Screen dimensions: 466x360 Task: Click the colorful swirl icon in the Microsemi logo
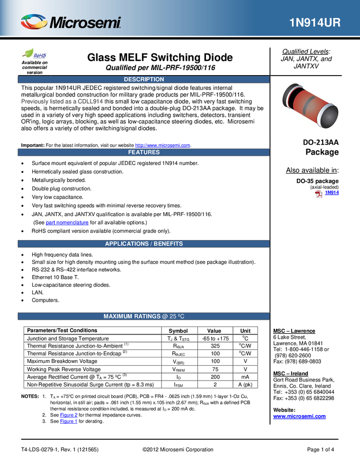33,22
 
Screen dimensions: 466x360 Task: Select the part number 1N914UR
315,23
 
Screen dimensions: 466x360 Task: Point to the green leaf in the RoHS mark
27,53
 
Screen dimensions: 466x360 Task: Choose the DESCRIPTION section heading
144,79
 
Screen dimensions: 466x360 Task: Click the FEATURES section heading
144,152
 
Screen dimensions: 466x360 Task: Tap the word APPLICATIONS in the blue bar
127,244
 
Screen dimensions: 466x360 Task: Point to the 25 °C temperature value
177,316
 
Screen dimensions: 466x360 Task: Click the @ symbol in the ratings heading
164,316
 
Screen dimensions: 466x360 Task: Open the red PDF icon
318,194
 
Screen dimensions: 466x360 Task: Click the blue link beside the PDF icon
332,192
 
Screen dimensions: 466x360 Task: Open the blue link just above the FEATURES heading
163,145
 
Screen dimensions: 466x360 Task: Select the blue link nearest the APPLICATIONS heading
67,223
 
